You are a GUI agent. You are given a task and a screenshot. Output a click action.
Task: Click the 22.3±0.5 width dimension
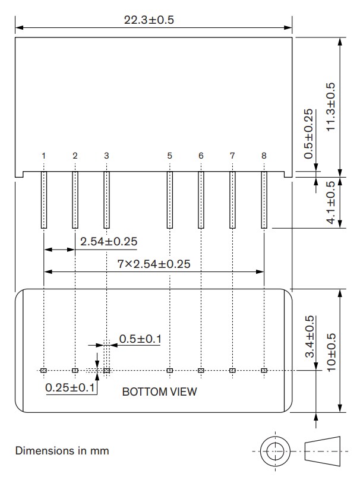[x=149, y=20]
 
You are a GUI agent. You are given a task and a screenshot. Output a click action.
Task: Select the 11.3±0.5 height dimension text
[x=330, y=106]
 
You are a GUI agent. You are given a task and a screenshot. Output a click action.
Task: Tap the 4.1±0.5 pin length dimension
[x=330, y=202]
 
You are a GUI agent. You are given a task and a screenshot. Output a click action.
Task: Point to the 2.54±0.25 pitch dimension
[x=109, y=241]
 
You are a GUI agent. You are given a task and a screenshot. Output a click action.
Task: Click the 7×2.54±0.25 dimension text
[x=154, y=264]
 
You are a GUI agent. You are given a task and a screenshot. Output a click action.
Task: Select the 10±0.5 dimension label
[x=330, y=351]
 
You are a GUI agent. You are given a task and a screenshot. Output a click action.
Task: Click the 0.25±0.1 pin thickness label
[x=70, y=387]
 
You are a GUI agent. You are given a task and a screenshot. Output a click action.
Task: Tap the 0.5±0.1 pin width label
[x=140, y=339]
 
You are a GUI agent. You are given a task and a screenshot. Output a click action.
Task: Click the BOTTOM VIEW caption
[x=159, y=392]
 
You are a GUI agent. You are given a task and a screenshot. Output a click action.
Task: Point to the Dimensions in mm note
[x=62, y=451]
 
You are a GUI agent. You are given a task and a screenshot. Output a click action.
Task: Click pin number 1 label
[x=44, y=156]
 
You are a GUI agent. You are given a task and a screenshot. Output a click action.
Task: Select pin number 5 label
[x=170, y=156]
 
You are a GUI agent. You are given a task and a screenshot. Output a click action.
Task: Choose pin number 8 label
[x=264, y=156]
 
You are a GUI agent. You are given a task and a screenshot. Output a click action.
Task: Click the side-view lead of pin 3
[x=107, y=200]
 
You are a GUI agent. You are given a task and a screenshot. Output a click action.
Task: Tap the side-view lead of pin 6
[x=201, y=200]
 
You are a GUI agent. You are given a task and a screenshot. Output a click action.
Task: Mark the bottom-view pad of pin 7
[x=232, y=371]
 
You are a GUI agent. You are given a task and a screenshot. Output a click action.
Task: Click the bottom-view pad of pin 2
[x=75, y=371]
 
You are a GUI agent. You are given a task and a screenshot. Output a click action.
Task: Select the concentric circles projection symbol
[x=274, y=451]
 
